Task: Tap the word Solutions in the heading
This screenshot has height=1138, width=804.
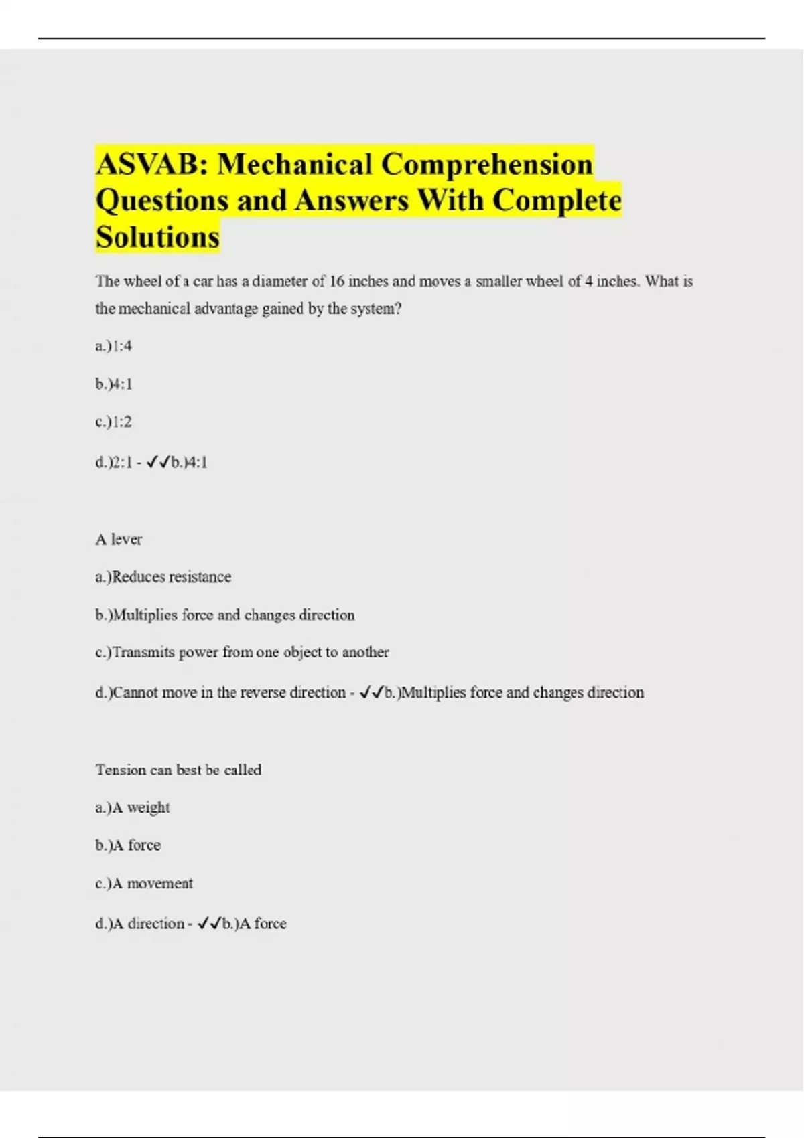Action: point(157,237)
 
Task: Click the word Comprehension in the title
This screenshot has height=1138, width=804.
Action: point(487,164)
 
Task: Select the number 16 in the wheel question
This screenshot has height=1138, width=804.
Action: point(338,282)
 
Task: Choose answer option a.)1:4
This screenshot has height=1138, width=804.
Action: point(114,346)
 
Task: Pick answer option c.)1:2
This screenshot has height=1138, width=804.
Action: point(114,422)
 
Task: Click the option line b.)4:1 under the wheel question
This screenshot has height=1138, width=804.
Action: point(114,384)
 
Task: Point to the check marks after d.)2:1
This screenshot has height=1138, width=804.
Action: point(158,462)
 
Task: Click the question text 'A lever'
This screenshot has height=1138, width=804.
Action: point(119,540)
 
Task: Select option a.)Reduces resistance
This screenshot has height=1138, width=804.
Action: point(163,577)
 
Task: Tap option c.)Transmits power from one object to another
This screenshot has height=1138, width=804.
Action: point(242,652)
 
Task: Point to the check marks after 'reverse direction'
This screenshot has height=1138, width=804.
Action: point(372,692)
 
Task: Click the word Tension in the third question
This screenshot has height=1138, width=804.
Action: point(121,770)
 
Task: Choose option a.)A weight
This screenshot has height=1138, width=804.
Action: point(133,808)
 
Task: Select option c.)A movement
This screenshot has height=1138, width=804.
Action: point(144,884)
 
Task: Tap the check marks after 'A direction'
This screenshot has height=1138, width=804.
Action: point(210,924)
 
